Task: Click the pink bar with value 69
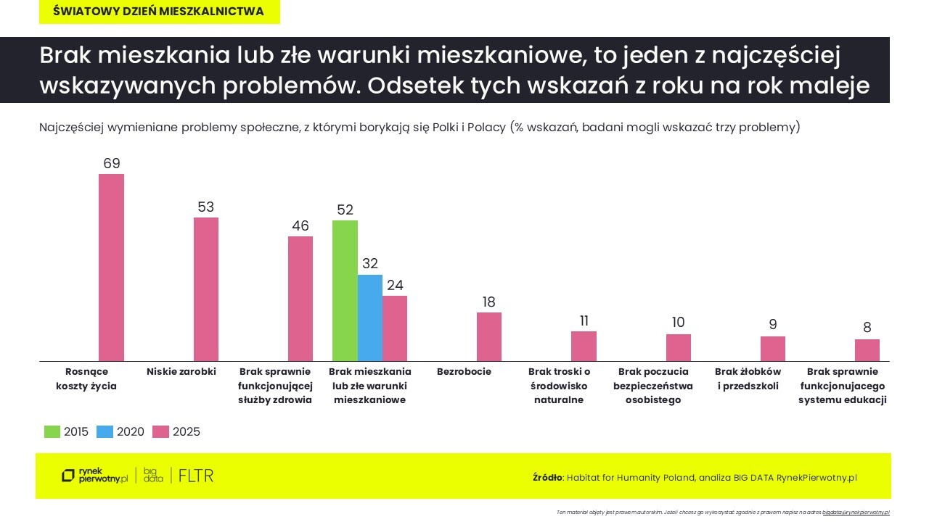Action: (111, 268)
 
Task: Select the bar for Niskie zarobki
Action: (205, 289)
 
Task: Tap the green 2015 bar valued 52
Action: (345, 291)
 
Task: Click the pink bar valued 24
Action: (395, 328)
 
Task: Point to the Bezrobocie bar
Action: (488, 337)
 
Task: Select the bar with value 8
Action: (867, 350)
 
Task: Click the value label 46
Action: (300, 225)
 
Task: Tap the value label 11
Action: (584, 320)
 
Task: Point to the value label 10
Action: (678, 323)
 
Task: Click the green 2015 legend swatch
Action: (52, 431)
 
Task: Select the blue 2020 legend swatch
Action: (105, 431)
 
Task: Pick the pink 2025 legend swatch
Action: (160, 431)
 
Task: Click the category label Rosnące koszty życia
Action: (86, 378)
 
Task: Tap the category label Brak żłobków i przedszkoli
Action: (748, 378)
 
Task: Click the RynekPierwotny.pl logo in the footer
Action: (94, 476)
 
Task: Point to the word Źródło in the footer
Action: (547, 477)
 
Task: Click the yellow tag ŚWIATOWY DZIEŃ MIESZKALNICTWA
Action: (159, 12)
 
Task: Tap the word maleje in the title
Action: (833, 85)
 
